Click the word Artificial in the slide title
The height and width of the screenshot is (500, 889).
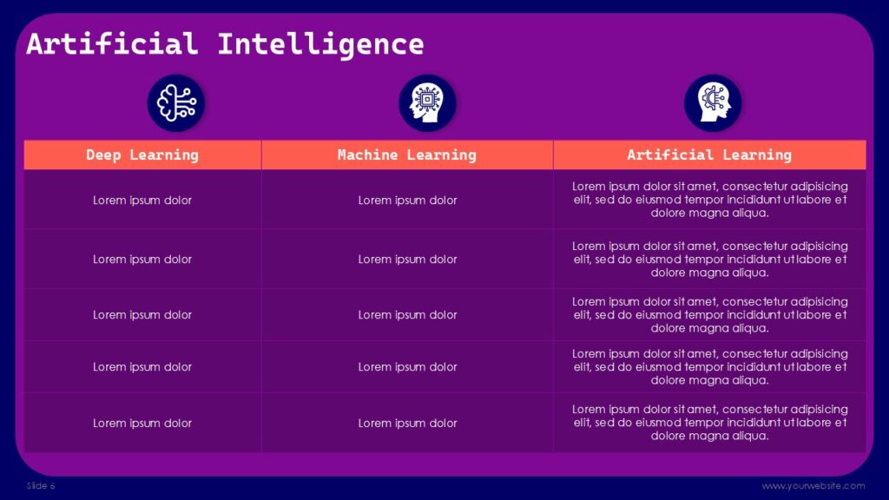tap(112, 43)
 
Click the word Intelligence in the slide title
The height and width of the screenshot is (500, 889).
tap(320, 43)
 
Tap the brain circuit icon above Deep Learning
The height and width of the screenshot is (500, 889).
tap(176, 102)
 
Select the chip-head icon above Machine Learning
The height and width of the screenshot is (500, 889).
tap(427, 102)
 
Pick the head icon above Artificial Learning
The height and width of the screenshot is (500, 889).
tap(713, 102)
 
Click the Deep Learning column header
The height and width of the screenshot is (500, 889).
tap(142, 155)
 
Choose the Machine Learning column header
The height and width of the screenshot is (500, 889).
tap(407, 155)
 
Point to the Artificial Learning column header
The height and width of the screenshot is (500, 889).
tap(709, 155)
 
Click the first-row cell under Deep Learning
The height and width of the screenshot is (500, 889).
tap(142, 201)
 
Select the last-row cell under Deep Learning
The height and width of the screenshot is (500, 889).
tap(142, 424)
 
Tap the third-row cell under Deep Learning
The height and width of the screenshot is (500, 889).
tap(142, 315)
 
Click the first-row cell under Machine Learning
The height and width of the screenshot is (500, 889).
tap(407, 201)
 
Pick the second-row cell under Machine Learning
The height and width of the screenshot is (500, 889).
tap(407, 260)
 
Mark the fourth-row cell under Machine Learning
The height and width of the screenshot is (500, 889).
tap(407, 367)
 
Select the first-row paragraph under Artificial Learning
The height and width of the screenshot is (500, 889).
tap(709, 200)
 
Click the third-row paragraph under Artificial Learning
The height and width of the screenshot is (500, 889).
tap(709, 315)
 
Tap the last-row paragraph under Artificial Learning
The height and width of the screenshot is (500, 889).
tap(709, 423)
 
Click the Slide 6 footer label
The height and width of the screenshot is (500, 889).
tap(41, 486)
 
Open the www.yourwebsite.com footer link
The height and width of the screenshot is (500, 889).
tap(813, 486)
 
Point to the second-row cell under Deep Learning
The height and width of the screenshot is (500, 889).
tap(142, 260)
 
